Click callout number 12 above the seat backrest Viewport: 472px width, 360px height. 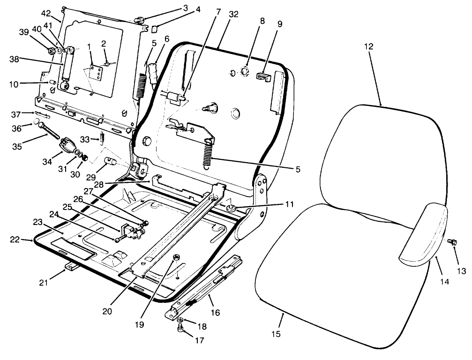click(x=369, y=46)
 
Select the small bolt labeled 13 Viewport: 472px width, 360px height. click(x=453, y=241)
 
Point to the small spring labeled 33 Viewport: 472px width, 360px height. click(x=101, y=139)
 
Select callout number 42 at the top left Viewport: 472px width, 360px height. click(x=46, y=13)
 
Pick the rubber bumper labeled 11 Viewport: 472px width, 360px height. click(x=231, y=208)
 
